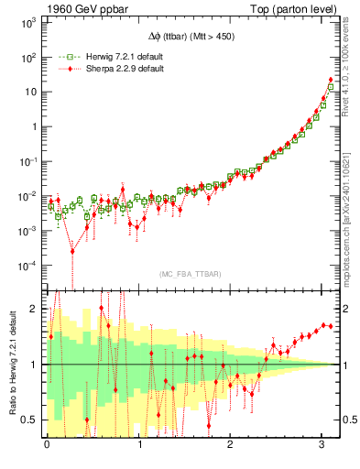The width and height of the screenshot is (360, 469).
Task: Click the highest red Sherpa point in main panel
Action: tap(330, 80)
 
